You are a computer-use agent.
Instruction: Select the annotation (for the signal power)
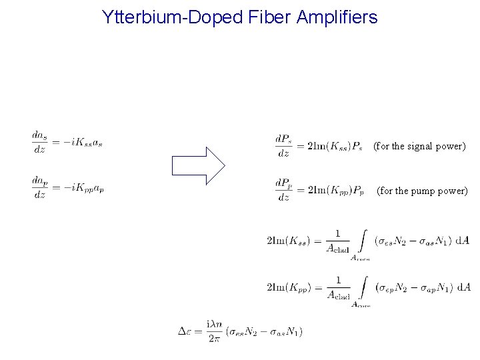point(419,145)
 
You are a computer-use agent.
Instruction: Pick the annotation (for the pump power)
point(422,191)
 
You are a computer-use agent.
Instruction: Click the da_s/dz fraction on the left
point(39,142)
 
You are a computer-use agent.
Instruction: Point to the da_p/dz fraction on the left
point(39,187)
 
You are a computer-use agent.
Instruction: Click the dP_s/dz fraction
point(283,145)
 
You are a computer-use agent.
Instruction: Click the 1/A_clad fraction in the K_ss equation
point(338,241)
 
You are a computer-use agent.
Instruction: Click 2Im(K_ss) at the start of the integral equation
point(288,241)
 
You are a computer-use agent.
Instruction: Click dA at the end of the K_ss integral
point(463,240)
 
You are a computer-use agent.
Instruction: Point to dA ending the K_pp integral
point(463,287)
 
